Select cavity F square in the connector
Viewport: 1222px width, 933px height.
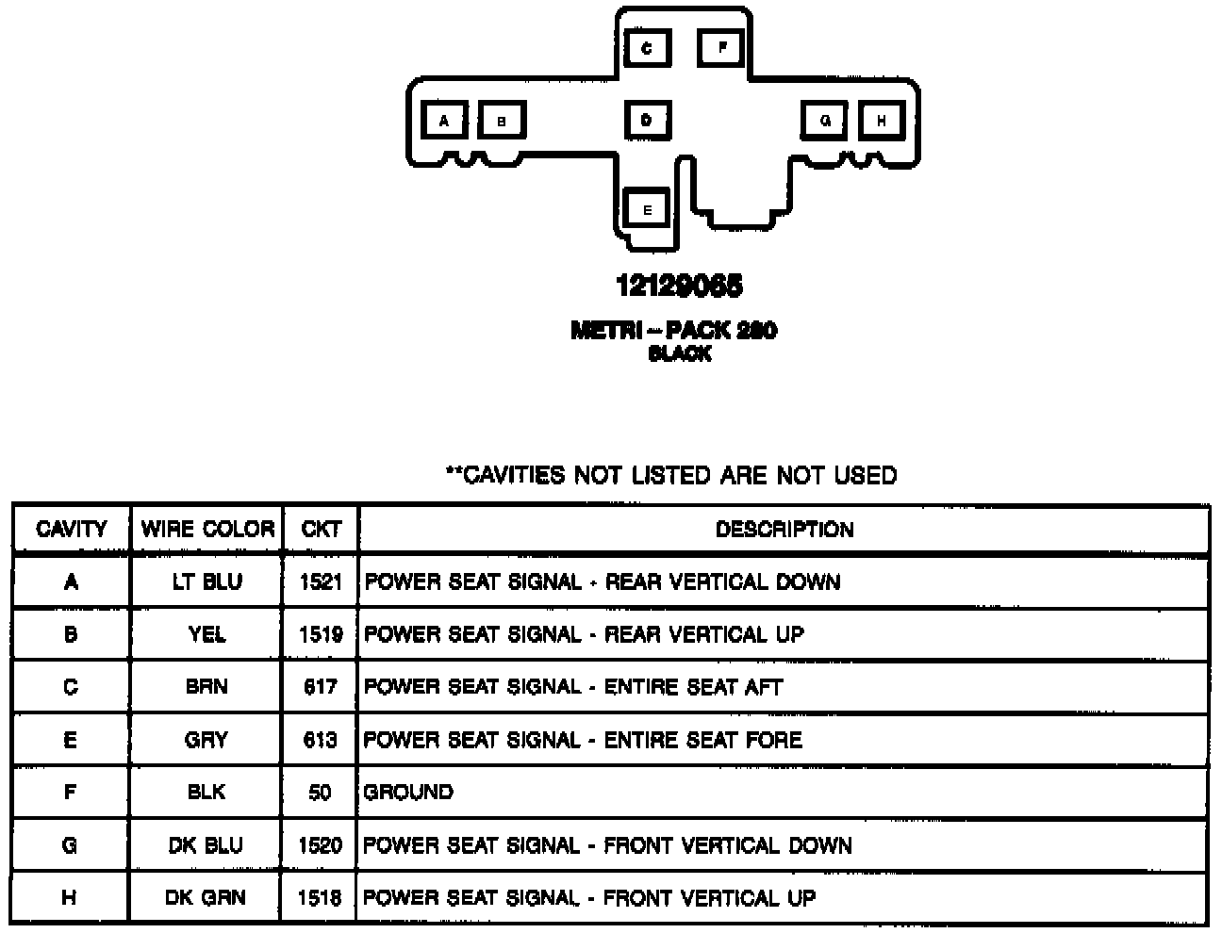coord(722,47)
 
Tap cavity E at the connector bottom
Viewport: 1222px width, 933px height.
coord(647,209)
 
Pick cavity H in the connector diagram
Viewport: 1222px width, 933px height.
coord(882,121)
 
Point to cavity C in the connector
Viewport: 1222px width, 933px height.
coord(647,47)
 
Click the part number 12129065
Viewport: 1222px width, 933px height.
coord(679,285)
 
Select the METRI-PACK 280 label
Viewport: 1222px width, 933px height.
coord(674,331)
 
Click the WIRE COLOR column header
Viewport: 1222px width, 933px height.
coord(207,529)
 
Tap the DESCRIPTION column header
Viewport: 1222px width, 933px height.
coord(784,530)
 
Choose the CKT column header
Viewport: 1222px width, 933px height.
coord(321,529)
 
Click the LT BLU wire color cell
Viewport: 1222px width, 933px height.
coord(206,581)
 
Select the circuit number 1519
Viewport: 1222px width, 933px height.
coord(321,634)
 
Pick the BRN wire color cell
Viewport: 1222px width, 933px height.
coord(206,687)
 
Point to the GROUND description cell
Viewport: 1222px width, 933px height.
coord(408,792)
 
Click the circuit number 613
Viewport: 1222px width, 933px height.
coord(321,740)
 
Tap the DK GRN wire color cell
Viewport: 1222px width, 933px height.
coord(206,897)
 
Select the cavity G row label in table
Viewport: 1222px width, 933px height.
coord(70,845)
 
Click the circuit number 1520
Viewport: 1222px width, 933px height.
coord(321,845)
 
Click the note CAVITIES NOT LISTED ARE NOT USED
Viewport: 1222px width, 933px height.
coord(671,475)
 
